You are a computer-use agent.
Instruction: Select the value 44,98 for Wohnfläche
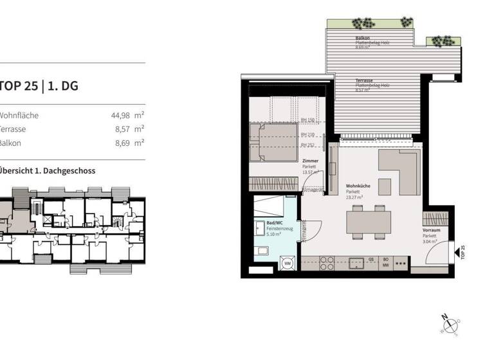pos(120,116)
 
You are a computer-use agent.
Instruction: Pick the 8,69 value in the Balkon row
pos(120,143)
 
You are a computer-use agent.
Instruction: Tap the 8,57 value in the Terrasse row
pos(120,129)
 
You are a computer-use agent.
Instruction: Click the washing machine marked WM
pos(287,263)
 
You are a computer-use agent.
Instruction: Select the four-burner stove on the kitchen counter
pos(327,262)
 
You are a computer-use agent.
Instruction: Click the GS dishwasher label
pos(371,260)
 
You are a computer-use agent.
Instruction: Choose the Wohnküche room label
pos(358,186)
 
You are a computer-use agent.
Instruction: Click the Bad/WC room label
pos(275,224)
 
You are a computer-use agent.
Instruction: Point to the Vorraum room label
pos(431,230)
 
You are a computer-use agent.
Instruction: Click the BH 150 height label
pos(307,120)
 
